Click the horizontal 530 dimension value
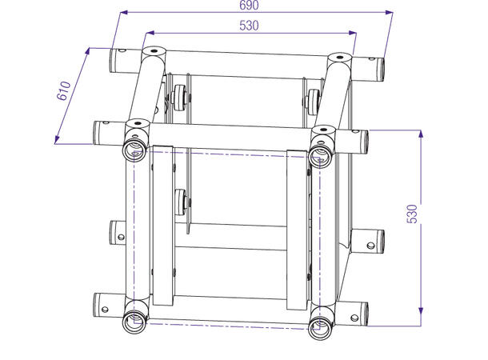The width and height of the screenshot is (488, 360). [249, 26]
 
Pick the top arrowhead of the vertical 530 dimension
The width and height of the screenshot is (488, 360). [419, 133]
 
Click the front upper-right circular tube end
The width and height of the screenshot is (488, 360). [321, 152]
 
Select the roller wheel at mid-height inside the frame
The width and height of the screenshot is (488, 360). [178, 200]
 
